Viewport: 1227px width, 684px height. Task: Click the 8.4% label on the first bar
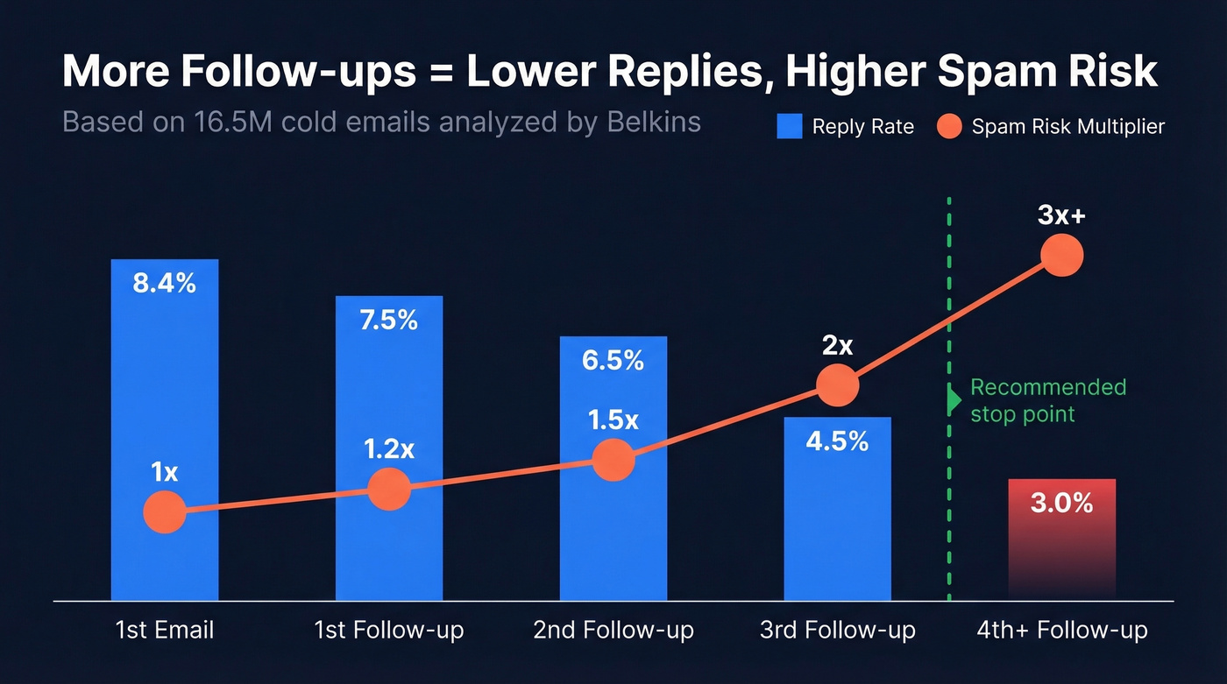click(x=164, y=283)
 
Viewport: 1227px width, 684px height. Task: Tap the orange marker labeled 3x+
click(x=1061, y=255)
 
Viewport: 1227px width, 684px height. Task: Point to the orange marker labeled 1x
click(x=164, y=511)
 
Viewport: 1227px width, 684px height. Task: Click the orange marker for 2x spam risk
click(x=837, y=384)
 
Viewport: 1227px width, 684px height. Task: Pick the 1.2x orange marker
click(x=388, y=489)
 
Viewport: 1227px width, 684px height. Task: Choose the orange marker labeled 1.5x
click(x=613, y=460)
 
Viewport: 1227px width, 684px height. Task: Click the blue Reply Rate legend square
click(x=790, y=127)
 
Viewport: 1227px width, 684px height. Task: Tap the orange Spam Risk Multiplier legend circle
click(x=949, y=127)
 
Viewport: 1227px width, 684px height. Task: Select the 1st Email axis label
click(x=164, y=630)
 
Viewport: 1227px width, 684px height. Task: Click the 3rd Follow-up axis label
click(x=837, y=630)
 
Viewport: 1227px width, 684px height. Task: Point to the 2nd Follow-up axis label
click(x=613, y=630)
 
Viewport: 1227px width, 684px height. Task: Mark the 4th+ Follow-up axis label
click(x=1061, y=630)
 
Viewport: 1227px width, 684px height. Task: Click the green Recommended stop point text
click(x=1047, y=400)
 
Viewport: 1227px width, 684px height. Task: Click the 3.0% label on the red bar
click(x=1061, y=504)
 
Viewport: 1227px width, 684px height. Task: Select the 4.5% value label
click(x=837, y=441)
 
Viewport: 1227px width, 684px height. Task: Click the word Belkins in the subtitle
click(x=654, y=122)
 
